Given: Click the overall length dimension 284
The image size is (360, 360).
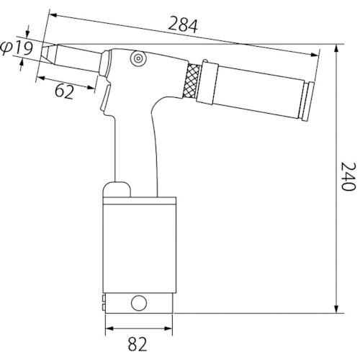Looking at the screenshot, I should (x=183, y=25).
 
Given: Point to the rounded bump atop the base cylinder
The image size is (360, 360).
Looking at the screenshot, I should (x=117, y=189).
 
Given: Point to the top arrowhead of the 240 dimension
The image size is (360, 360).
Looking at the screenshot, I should (x=337, y=48).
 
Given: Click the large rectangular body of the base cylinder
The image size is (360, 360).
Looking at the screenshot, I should (x=140, y=245).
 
